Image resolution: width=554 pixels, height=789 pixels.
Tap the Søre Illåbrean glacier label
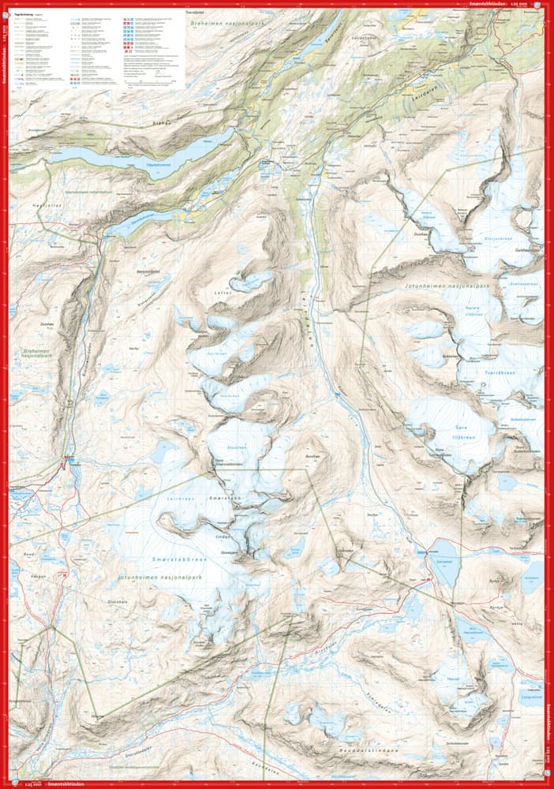pos(439,411)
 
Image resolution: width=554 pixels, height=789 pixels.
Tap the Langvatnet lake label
pos(531,696)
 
